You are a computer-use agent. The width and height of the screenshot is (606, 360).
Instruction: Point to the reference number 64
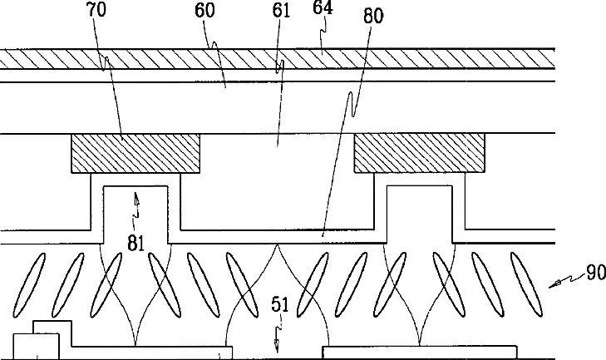click(x=323, y=9)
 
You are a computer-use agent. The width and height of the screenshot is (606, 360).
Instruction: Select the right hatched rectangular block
click(x=419, y=154)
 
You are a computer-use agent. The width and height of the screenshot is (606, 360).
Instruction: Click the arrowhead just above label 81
click(x=136, y=198)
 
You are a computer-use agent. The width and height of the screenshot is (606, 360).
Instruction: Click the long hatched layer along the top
click(x=274, y=59)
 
